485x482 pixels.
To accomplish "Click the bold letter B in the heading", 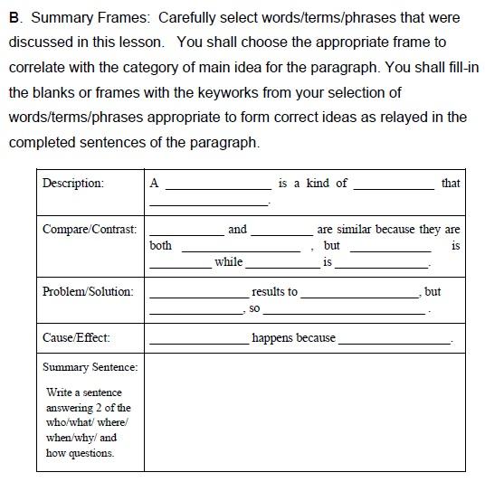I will click(14, 17).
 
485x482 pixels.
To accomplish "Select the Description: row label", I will click(72, 183).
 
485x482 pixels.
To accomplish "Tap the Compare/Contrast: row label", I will click(90, 230).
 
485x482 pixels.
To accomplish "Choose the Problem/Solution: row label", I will click(88, 291).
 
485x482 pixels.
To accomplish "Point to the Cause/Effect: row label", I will click(76, 337).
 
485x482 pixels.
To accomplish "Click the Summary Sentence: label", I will click(90, 367).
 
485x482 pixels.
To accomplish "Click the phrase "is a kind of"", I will click(313, 183).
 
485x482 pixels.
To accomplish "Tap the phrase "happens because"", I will click(293, 338).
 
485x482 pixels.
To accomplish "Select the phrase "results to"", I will click(274, 292).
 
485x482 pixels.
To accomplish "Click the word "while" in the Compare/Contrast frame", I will click(228, 262).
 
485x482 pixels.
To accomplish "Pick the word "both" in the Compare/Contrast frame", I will click(160, 246).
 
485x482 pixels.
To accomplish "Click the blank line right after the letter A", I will click(217, 187).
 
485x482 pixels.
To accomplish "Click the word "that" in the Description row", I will click(451, 183).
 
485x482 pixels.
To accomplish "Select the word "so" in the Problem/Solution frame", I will click(254, 308).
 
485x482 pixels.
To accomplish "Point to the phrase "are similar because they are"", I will click(388, 230).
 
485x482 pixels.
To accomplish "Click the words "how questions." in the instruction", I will click(80, 453).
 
